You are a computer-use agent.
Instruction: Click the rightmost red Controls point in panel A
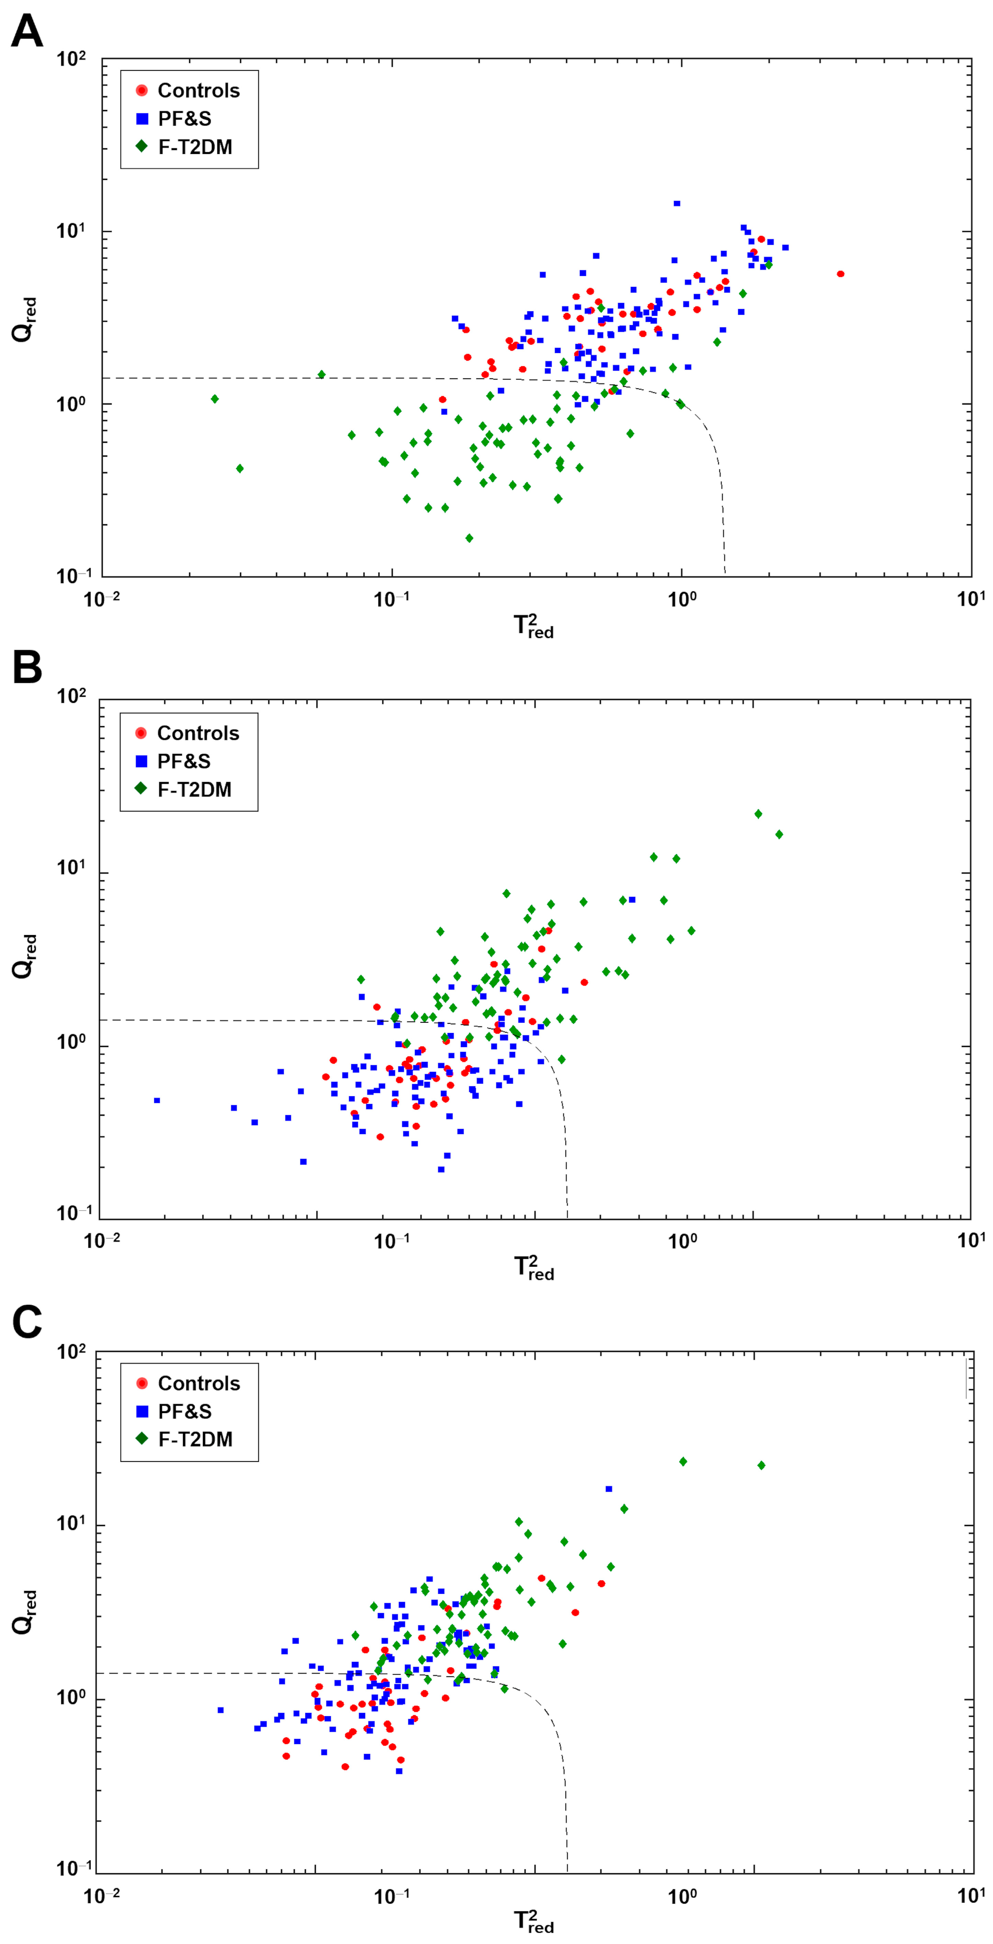840,274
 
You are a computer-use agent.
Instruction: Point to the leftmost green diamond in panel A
215,399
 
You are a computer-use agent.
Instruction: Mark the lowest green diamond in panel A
469,538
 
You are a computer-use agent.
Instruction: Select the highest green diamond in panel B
758,813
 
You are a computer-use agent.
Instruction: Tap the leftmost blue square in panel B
157,1100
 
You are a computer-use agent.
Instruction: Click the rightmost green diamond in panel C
761,1466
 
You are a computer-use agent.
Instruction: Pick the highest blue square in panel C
609,1489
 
